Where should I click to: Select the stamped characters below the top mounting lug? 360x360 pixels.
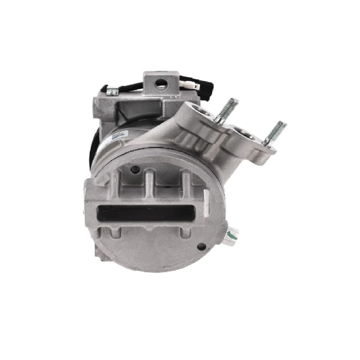coord(176,98)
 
